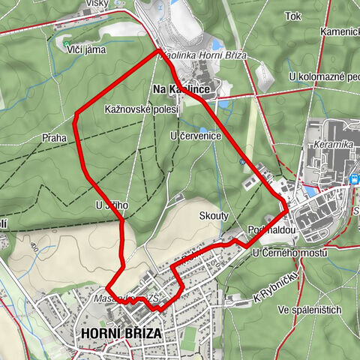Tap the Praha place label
tap(55, 138)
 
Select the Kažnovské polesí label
tap(141, 109)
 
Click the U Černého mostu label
tap(289, 253)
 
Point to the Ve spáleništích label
tap(308, 310)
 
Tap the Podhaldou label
tap(266, 231)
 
